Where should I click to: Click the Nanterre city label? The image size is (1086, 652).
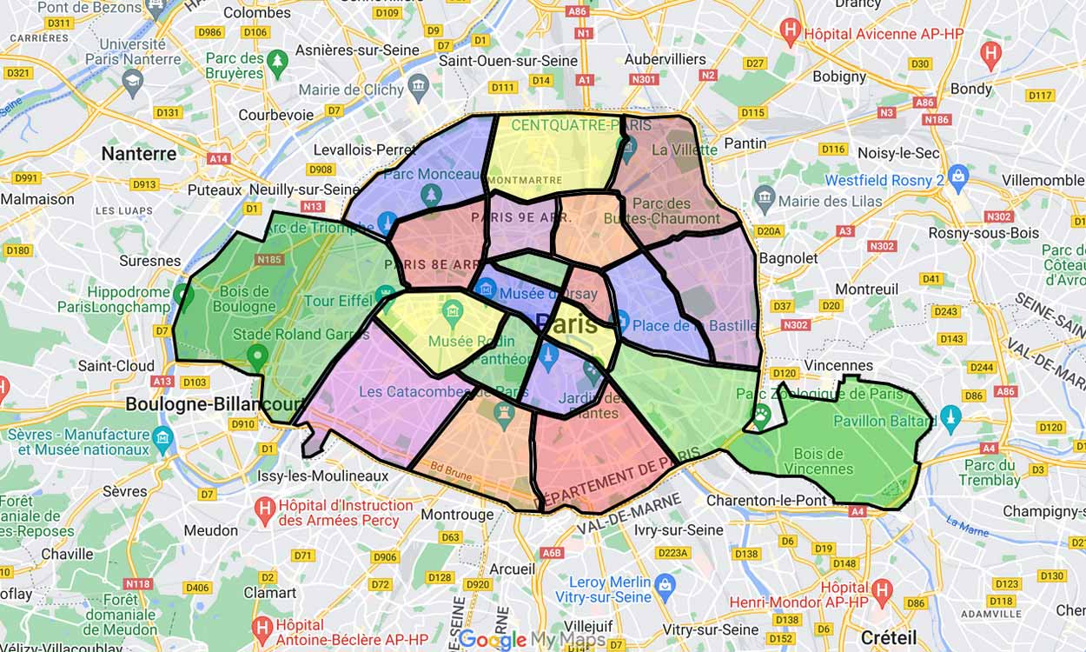pyautogui.click(x=138, y=154)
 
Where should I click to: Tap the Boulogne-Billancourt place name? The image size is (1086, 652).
pyautogui.click(x=214, y=404)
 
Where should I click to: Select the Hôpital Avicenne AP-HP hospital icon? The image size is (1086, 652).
pyautogui.click(x=790, y=33)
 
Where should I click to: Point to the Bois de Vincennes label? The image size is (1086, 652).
pyautogui.click(x=818, y=461)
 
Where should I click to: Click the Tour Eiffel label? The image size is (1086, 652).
pyautogui.click(x=339, y=302)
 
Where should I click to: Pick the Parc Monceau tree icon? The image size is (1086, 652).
pyautogui.click(x=431, y=192)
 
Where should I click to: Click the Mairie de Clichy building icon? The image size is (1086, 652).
pyautogui.click(x=419, y=85)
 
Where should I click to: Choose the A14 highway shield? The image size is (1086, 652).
pyautogui.click(x=219, y=159)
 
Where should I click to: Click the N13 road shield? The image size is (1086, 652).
pyautogui.click(x=312, y=207)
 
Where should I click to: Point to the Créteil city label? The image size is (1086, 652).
pyautogui.click(x=890, y=635)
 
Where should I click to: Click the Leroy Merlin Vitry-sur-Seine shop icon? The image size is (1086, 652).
pyautogui.click(x=665, y=583)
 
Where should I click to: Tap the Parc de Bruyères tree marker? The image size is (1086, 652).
pyautogui.click(x=277, y=61)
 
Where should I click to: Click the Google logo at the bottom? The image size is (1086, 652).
pyautogui.click(x=493, y=640)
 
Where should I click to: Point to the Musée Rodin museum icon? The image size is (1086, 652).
pyautogui.click(x=452, y=310)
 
